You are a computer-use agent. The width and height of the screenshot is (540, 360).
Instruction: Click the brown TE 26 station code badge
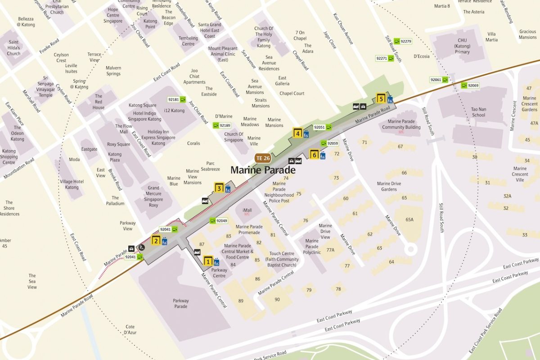click(x=263, y=158)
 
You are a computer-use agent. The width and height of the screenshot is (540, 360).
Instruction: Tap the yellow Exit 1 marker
click(x=208, y=261)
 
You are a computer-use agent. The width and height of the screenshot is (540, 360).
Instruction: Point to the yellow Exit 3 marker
click(x=219, y=189)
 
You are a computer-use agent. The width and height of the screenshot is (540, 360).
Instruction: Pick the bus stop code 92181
click(x=173, y=99)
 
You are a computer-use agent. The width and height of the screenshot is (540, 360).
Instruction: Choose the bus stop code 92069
click(x=473, y=85)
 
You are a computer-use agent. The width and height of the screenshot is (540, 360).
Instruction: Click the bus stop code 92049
click(x=221, y=221)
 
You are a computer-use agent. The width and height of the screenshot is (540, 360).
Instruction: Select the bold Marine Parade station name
click(x=263, y=170)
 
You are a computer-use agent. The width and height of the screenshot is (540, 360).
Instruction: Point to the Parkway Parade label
click(x=181, y=304)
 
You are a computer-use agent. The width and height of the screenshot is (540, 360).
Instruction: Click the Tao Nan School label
click(x=478, y=112)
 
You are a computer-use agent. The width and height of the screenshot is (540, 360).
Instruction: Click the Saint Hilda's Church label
click(x=13, y=48)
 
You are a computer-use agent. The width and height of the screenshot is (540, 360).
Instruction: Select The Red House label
click(x=99, y=102)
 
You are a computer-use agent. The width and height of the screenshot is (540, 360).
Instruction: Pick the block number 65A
click(x=409, y=220)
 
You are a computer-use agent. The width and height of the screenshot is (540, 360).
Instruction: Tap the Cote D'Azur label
click(x=130, y=329)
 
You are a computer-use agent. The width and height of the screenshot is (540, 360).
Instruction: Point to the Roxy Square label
click(x=118, y=144)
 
